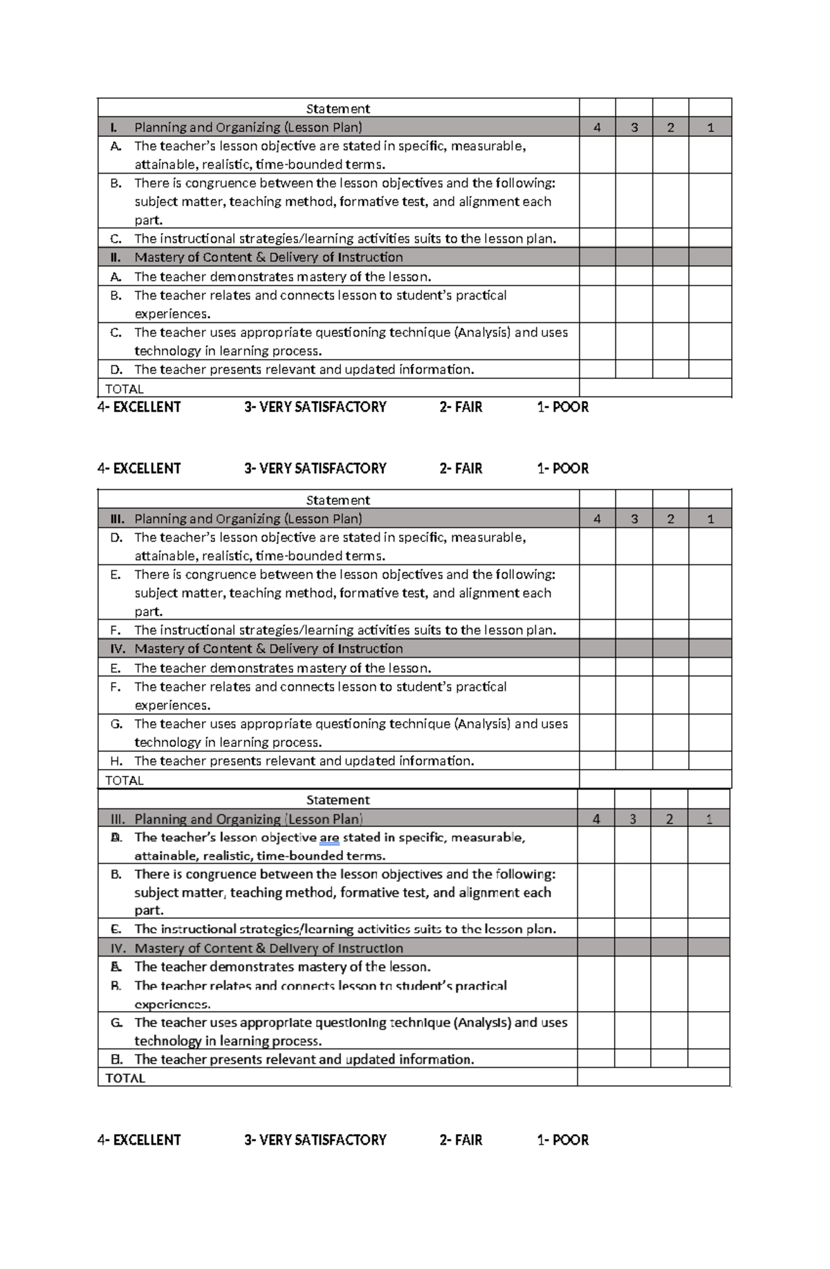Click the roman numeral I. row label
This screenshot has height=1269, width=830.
(x=114, y=127)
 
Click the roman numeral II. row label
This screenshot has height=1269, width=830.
(x=116, y=257)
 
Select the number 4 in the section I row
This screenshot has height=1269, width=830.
(x=597, y=127)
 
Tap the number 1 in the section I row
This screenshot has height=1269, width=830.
(x=710, y=127)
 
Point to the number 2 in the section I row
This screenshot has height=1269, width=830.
(x=670, y=127)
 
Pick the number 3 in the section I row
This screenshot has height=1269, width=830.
(x=634, y=127)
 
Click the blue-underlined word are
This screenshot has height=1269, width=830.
(x=329, y=837)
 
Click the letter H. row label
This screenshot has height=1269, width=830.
(x=116, y=761)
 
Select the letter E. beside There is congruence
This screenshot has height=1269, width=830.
(x=116, y=574)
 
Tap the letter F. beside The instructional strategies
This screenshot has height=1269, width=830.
(x=116, y=630)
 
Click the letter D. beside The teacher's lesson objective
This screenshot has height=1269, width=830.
(x=116, y=537)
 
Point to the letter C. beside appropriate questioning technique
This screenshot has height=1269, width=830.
(x=116, y=332)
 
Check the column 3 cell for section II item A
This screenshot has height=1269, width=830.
(x=634, y=277)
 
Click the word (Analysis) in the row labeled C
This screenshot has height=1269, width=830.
(x=482, y=332)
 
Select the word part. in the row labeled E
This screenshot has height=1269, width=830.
(x=148, y=611)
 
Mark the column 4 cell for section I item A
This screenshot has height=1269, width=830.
(x=597, y=155)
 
